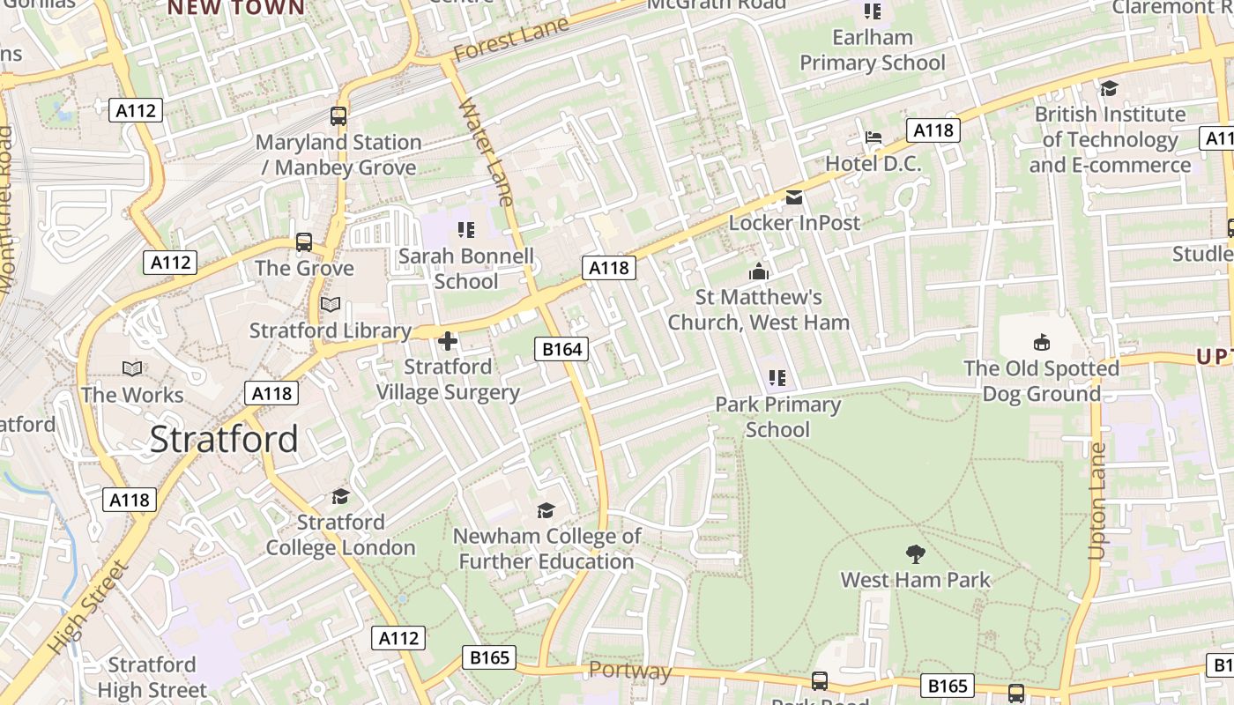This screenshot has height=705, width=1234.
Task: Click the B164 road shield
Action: (561, 350)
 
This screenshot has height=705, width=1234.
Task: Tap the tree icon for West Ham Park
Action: (916, 554)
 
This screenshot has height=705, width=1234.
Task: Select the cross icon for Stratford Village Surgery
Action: (448, 341)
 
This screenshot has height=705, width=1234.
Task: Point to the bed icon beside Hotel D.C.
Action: (873, 137)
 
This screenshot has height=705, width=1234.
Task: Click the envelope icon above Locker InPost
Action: (794, 197)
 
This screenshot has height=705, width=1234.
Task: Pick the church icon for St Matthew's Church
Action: (758, 272)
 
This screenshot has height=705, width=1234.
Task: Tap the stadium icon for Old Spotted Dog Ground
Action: (1041, 342)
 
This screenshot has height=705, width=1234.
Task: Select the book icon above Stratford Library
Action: (331, 305)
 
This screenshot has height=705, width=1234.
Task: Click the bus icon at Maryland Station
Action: (338, 115)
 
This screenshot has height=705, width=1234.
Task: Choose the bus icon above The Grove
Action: (304, 241)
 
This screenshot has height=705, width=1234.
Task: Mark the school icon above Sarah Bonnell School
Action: (466, 231)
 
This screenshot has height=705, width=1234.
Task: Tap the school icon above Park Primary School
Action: (777, 379)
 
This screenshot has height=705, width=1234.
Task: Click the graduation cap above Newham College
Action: (546, 510)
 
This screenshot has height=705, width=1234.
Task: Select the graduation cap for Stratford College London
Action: (340, 497)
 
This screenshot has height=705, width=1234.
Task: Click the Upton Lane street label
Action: (1096, 501)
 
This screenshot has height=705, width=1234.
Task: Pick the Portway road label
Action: (630, 672)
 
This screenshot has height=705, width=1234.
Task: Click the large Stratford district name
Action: (224, 439)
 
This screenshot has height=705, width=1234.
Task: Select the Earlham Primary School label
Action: (872, 50)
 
